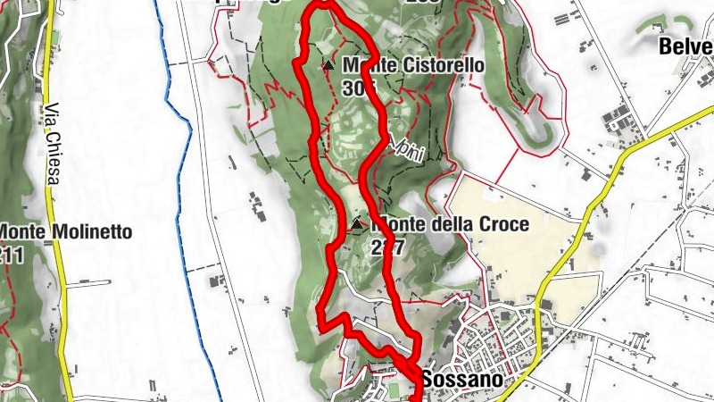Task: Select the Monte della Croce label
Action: click(x=449, y=224)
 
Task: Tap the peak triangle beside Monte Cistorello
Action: click(x=328, y=65)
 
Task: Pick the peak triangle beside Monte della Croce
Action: click(x=357, y=224)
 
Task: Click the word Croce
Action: click(x=505, y=224)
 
